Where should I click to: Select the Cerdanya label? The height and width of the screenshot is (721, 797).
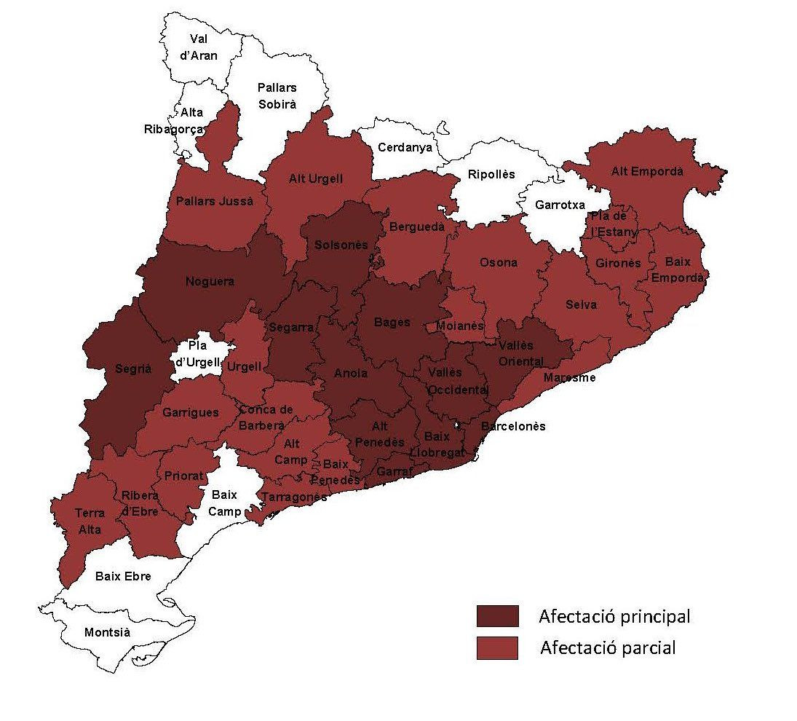click(405, 147)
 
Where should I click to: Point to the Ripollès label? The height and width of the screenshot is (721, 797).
click(491, 175)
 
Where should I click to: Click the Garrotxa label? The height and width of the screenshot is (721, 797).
click(560, 205)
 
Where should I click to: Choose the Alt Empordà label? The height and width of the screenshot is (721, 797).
click(647, 172)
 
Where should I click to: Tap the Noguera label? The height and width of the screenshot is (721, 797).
click(210, 281)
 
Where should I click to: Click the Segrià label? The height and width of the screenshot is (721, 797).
click(133, 369)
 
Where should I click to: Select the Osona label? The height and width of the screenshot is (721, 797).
click(499, 262)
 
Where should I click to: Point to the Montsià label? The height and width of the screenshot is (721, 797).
click(107, 632)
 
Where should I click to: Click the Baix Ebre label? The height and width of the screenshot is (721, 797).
click(123, 576)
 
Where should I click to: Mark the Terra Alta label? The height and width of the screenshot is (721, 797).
click(90, 521)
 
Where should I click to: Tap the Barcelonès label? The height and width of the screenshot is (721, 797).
click(513, 426)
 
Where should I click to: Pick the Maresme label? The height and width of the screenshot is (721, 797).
click(569, 377)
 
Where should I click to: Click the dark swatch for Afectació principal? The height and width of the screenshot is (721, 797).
click(497, 616)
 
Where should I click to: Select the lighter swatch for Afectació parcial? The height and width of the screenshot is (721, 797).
click(497, 648)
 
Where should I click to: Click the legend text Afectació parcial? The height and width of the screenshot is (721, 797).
click(608, 647)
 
